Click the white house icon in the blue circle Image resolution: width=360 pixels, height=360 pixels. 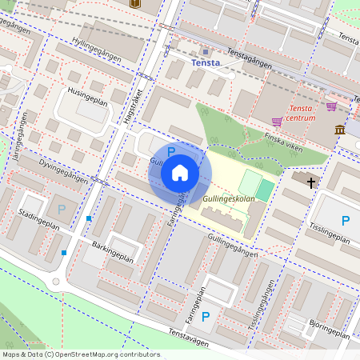pyautogui.click(x=180, y=173)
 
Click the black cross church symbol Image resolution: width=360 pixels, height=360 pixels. pyautogui.click(x=310, y=182)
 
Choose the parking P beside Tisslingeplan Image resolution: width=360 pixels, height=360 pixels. pyautogui.click(x=346, y=220)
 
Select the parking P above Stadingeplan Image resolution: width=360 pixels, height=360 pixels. pyautogui.click(x=62, y=209)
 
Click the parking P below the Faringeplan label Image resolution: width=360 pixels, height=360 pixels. pyautogui.click(x=206, y=316)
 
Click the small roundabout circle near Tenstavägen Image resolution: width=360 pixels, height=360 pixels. pyautogui.click(x=56, y=282)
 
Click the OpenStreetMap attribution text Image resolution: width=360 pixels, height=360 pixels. pyautogui.click(x=80, y=354)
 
